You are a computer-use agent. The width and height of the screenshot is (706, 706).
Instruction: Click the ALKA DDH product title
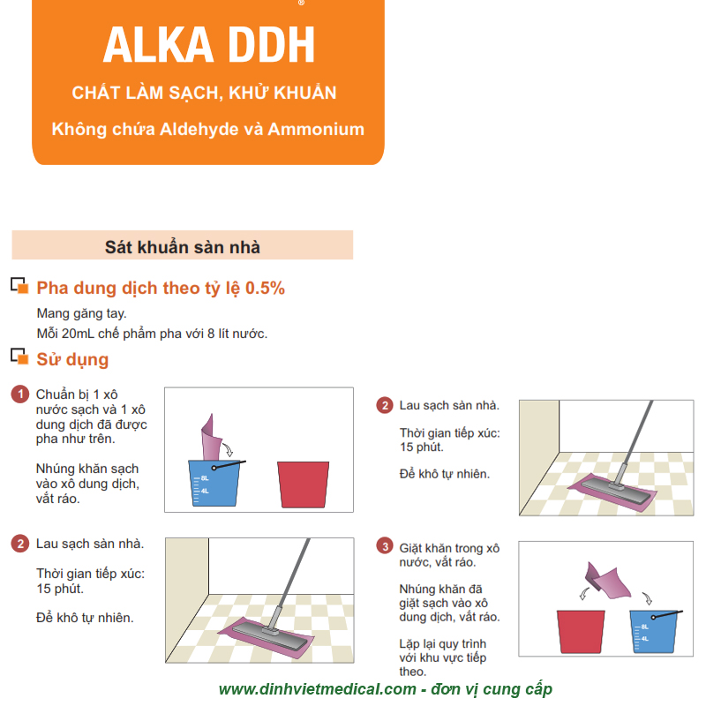pyautogui.click(x=209, y=45)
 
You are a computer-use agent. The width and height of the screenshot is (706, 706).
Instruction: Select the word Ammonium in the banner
pyautogui.click(x=316, y=129)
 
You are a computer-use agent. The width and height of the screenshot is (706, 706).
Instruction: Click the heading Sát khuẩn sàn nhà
pyautogui.click(x=183, y=247)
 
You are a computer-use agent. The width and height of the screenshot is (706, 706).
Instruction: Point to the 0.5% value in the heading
pyautogui.click(x=265, y=289)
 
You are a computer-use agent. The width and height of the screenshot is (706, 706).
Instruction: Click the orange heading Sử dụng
pyautogui.click(x=72, y=359)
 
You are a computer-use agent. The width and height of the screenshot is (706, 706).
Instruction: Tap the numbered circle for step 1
pyautogui.click(x=19, y=394)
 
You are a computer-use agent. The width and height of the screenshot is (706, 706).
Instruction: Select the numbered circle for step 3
pyautogui.click(x=385, y=546)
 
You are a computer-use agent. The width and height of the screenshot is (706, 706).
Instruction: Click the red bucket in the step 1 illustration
pyautogui.click(x=303, y=484)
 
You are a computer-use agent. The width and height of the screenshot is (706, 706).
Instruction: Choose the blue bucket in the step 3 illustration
pyautogui.click(x=653, y=631)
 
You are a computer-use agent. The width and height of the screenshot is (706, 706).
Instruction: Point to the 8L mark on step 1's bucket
pyautogui.click(x=205, y=478)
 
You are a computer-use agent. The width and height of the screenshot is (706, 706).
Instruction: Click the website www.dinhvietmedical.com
pyautogui.click(x=318, y=689)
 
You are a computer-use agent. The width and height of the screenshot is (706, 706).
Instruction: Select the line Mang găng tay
pyautogui.click(x=81, y=313)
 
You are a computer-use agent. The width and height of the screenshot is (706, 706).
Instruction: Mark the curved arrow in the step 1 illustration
pyautogui.click(x=228, y=448)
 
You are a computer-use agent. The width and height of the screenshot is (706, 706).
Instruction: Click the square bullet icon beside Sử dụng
pyautogui.click(x=19, y=357)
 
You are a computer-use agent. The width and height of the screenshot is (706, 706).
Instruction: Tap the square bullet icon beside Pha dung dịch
pyautogui.click(x=19, y=285)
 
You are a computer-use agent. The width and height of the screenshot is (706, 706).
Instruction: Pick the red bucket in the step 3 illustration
pyautogui.click(x=581, y=632)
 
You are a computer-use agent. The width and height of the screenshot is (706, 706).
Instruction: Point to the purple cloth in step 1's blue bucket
pyautogui.click(x=211, y=437)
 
